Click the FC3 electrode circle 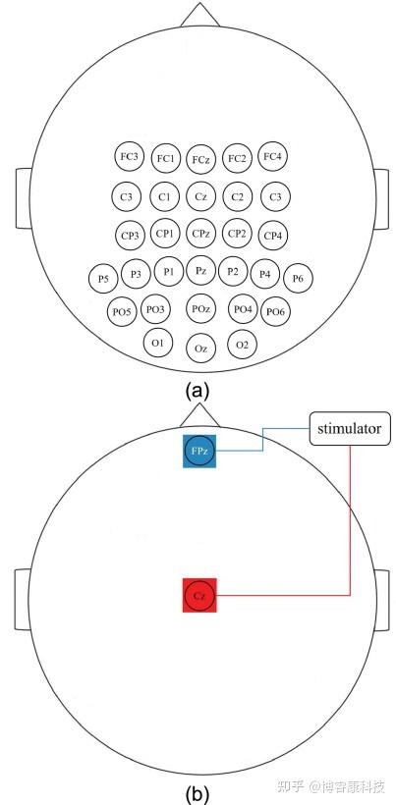pyautogui.click(x=129, y=157)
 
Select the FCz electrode pyautogui.click(x=200, y=160)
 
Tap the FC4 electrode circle pyautogui.click(x=272, y=157)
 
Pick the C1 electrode pyautogui.click(x=165, y=196)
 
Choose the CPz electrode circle pyautogui.click(x=200, y=234)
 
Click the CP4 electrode pyautogui.click(x=273, y=236)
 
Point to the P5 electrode pyautogui.click(x=103, y=278)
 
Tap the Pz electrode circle pyautogui.click(x=200, y=271)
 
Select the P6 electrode pyautogui.click(x=298, y=278)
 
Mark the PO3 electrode pyautogui.click(x=155, y=309)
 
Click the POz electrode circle pyautogui.click(x=200, y=309)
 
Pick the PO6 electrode pyautogui.click(x=276, y=311)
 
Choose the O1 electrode pyautogui.click(x=158, y=344)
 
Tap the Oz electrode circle pyautogui.click(x=200, y=349)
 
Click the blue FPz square pyautogui.click(x=199, y=452)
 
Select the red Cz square pyautogui.click(x=199, y=595)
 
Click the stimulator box pyautogui.click(x=349, y=428)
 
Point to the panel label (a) pyautogui.click(x=198, y=391)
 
